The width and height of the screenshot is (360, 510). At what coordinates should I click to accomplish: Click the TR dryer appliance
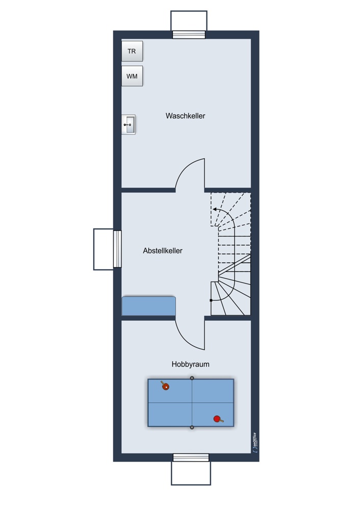[132, 51]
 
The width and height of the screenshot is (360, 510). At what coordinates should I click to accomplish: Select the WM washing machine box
[132, 76]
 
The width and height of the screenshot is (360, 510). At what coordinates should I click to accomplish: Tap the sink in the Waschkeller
[128, 124]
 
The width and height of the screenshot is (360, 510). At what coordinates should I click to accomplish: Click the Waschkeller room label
[186, 116]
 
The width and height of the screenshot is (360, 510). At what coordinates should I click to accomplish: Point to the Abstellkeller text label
[163, 251]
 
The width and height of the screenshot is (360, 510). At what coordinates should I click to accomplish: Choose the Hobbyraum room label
[191, 364]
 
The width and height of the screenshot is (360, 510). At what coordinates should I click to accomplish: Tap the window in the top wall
[189, 35]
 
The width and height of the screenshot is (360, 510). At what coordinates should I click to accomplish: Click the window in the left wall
[117, 249]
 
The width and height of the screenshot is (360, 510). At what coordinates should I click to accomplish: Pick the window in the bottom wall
[191, 457]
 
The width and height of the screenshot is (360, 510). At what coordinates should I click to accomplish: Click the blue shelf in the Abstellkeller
[148, 305]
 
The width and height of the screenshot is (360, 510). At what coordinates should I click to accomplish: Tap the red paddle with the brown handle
[218, 419]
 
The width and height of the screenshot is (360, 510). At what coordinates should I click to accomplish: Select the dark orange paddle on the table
[165, 386]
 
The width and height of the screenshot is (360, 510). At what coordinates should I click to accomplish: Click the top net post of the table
[192, 378]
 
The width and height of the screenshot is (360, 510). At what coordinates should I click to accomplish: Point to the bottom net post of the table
[192, 427]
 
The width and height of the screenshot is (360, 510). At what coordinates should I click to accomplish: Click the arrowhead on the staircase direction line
[215, 210]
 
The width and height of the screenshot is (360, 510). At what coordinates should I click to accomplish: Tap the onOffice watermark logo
[254, 443]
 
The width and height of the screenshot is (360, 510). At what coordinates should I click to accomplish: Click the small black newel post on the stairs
[211, 300]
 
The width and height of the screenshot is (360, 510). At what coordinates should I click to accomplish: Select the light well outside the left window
[104, 249]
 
